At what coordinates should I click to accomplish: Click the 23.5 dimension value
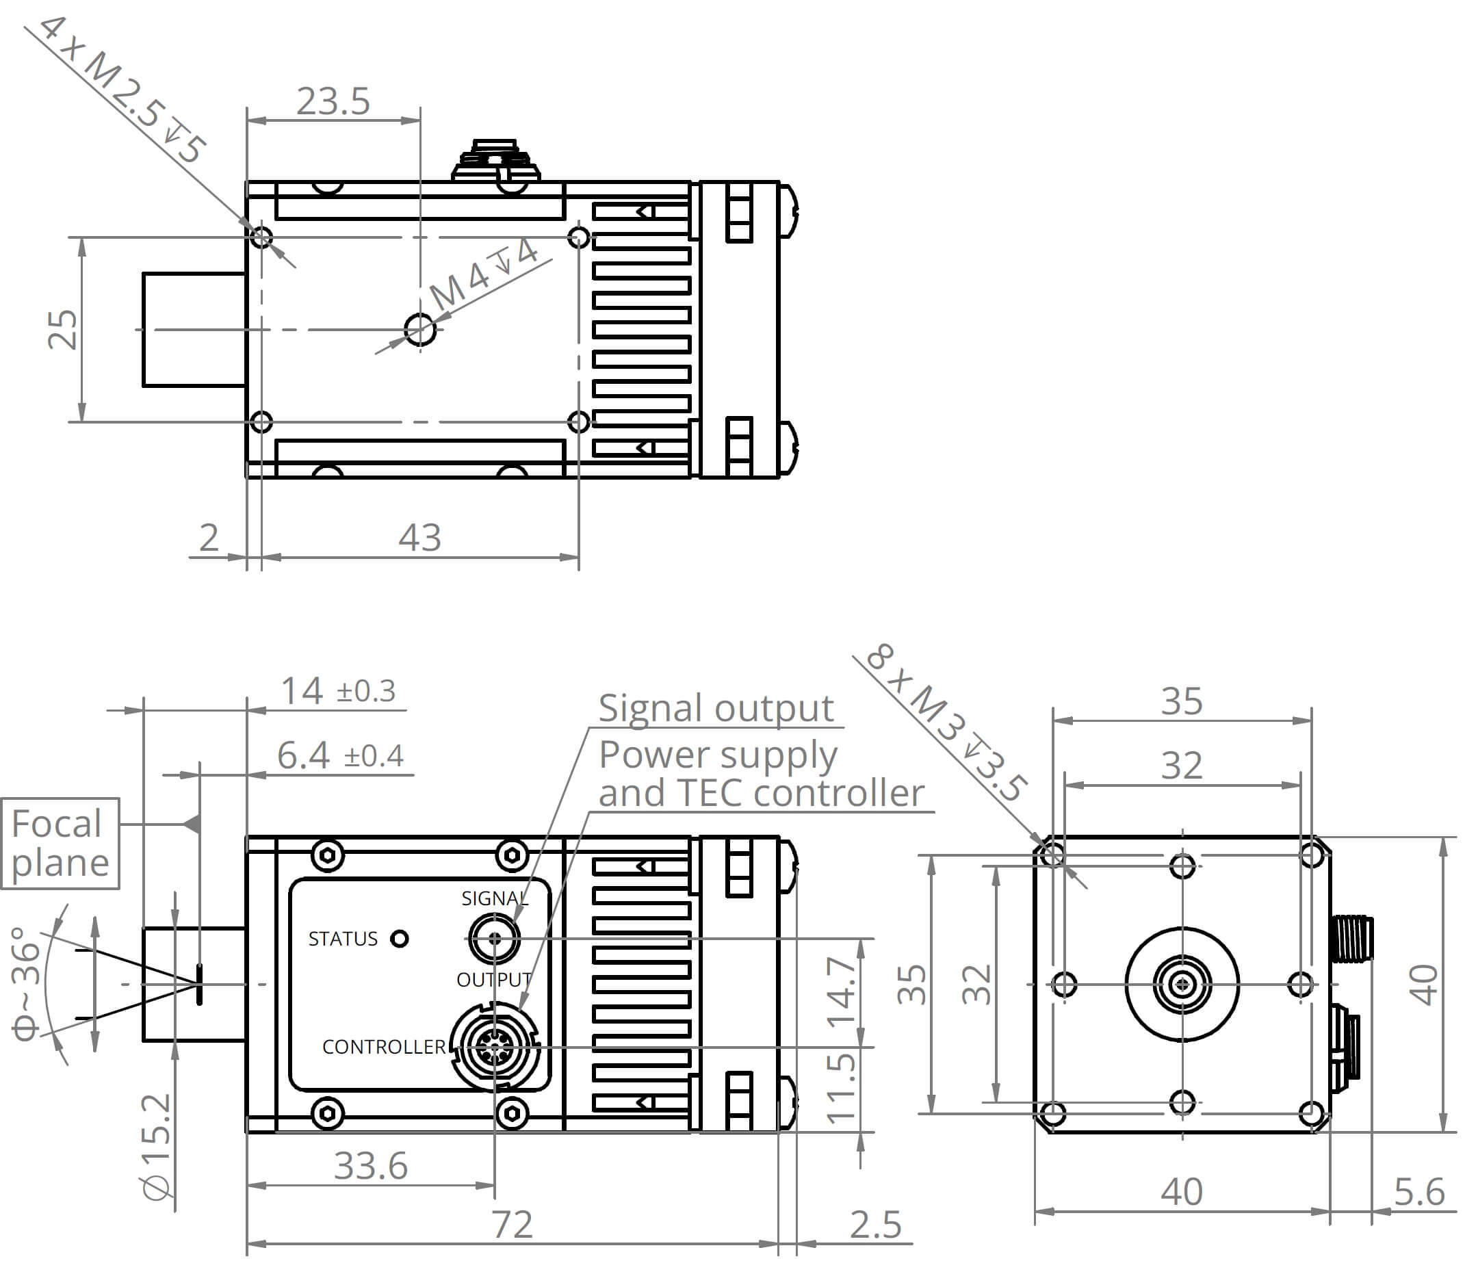click(x=333, y=101)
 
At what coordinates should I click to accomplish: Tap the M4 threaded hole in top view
click(x=420, y=329)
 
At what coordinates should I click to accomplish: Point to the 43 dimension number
click(x=419, y=537)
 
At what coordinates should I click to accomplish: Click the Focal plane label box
click(x=60, y=843)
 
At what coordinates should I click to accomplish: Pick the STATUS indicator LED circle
click(x=400, y=939)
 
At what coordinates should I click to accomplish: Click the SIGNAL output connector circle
click(x=494, y=939)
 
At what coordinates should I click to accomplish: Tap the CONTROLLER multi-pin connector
click(x=494, y=1047)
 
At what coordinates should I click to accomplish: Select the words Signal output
click(x=716, y=708)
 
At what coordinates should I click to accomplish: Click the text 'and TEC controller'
click(x=762, y=792)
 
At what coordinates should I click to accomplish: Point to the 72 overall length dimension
click(x=512, y=1224)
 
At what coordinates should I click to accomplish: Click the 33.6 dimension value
click(x=370, y=1166)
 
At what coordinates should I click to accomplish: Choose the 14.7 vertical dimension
click(x=842, y=991)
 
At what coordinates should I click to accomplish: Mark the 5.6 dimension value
click(x=1418, y=1193)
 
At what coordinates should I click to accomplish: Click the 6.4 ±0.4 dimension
click(x=340, y=755)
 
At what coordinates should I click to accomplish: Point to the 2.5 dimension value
click(x=875, y=1225)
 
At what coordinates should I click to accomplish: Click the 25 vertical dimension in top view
click(x=62, y=329)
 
